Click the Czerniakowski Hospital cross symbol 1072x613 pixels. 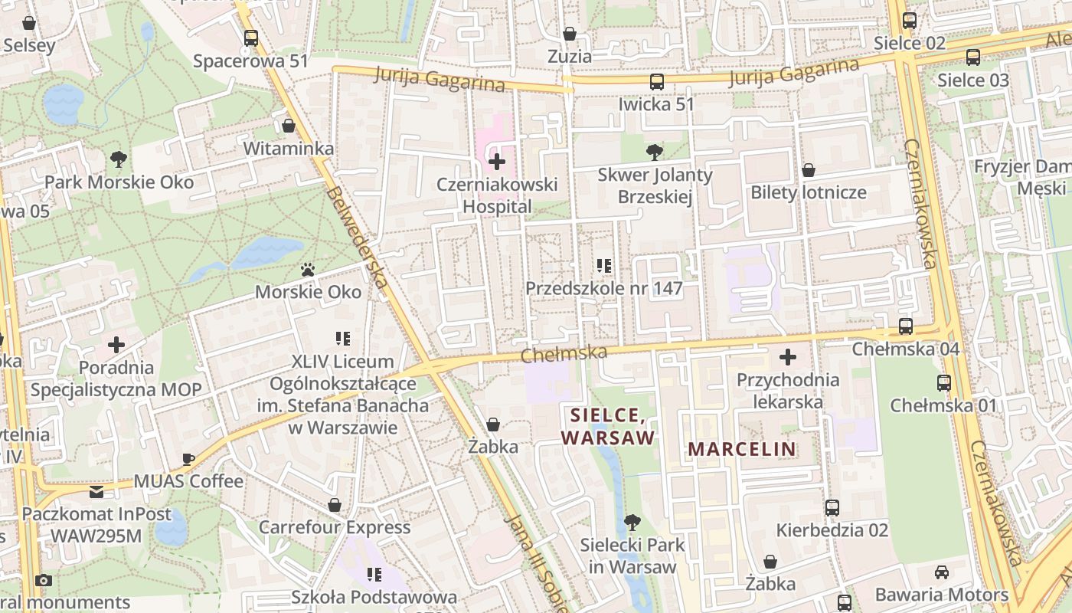497,162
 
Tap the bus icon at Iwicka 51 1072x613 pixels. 656,82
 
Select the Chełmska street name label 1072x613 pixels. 564,353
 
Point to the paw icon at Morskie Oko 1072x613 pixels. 308,270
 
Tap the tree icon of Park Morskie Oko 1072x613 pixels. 118,159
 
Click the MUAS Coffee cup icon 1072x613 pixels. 188,459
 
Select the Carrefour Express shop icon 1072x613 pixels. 335,505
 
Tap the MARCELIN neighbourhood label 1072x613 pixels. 741,448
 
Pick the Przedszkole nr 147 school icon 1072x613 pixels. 603,266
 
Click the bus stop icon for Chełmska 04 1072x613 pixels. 905,326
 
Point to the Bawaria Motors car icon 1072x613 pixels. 942,572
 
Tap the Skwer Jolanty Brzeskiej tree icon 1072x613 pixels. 654,152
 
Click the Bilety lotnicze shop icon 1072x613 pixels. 808,170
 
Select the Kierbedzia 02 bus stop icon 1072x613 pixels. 832,507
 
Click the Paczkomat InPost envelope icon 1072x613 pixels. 96,491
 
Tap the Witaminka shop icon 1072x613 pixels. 289,126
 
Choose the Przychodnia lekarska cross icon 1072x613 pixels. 788,357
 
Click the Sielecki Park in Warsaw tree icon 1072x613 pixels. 632,523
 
